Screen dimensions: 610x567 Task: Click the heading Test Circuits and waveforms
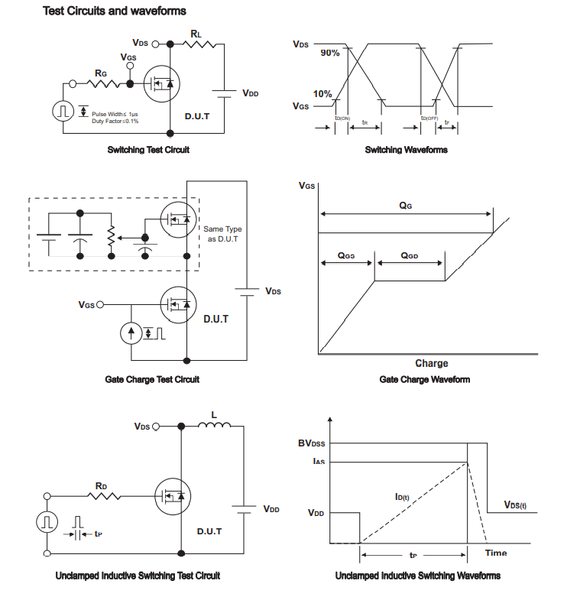point(115,11)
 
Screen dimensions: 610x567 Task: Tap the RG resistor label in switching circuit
point(102,73)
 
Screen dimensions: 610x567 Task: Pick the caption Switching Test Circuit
point(148,150)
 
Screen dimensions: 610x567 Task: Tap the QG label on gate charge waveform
point(406,206)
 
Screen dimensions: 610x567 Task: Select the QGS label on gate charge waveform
point(346,256)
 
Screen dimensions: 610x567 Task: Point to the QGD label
point(410,256)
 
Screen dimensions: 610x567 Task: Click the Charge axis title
point(432,363)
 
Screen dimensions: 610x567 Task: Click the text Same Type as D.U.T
point(222,234)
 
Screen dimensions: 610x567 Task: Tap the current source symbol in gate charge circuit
point(131,333)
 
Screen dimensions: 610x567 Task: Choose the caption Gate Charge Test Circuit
point(152,379)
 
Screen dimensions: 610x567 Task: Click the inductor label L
point(214,415)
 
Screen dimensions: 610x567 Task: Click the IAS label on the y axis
point(316,461)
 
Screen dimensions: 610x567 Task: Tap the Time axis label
point(496,553)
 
